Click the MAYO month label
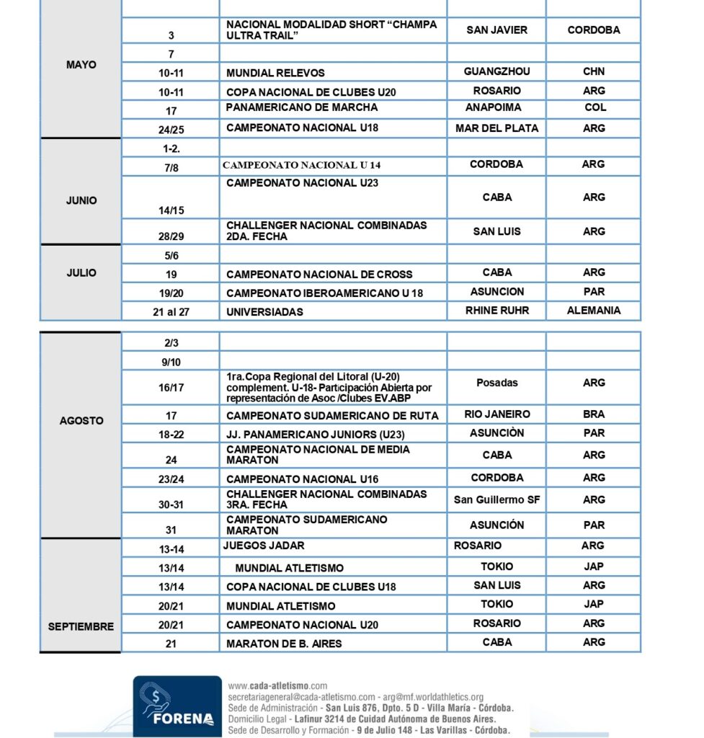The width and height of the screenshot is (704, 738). (81, 65)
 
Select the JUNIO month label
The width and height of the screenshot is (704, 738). (81, 200)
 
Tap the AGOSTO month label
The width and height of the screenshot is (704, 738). (81, 420)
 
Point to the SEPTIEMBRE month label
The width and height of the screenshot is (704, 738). (81, 626)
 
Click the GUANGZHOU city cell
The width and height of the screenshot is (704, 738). (496, 71)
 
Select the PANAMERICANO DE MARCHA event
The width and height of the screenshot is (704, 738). (302, 107)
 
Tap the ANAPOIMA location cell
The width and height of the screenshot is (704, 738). (496, 107)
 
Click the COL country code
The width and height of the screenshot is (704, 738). (595, 107)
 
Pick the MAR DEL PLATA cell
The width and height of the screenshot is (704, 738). (496, 128)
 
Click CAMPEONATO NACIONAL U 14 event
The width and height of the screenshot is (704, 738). (301, 165)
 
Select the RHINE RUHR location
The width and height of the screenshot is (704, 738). (496, 311)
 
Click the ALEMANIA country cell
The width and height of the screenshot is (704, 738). (594, 311)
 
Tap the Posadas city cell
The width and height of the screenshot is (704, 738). (496, 383)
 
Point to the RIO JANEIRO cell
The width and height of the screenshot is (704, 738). (496, 414)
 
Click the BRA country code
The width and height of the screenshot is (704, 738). (594, 414)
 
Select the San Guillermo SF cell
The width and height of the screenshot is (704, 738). (496, 499)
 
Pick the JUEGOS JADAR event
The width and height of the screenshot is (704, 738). (264, 546)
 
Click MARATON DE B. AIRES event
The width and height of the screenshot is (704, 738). (284, 643)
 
